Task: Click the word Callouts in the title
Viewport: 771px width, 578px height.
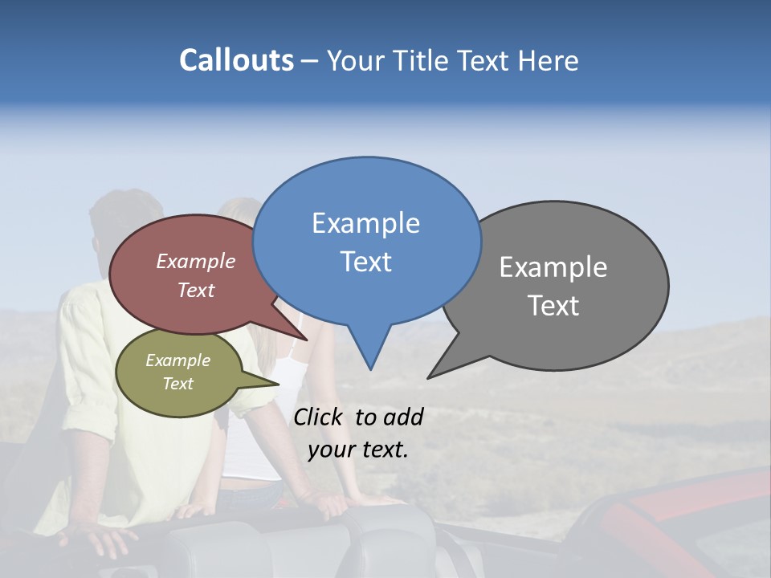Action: [x=236, y=60]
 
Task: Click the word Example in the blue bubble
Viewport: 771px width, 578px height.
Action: [x=365, y=223]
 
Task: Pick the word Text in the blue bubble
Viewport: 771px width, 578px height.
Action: [x=365, y=262]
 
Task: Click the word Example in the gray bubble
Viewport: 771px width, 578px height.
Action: [x=553, y=267]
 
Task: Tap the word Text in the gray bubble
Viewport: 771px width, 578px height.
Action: [x=553, y=306]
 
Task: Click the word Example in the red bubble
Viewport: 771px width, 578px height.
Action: [x=195, y=261]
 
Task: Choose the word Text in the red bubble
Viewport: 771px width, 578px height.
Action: [x=195, y=290]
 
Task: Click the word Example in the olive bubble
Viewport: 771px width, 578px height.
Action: [x=177, y=360]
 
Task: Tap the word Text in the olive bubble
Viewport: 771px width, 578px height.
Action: [x=177, y=384]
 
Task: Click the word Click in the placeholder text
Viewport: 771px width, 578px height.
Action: [x=320, y=417]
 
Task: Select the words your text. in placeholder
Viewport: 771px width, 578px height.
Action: [x=357, y=450]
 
